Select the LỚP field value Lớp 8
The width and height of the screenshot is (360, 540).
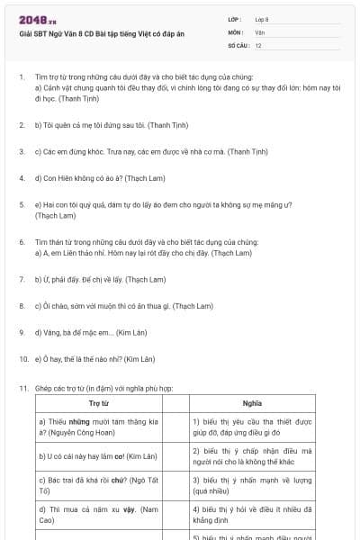262,19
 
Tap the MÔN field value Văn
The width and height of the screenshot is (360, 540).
259,31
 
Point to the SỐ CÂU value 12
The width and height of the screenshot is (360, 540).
258,44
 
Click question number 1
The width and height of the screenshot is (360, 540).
22,78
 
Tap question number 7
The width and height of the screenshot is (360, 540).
22,280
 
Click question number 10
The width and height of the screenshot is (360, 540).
22,358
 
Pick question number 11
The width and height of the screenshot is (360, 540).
22,388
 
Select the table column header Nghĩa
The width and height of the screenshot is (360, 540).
253,403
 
